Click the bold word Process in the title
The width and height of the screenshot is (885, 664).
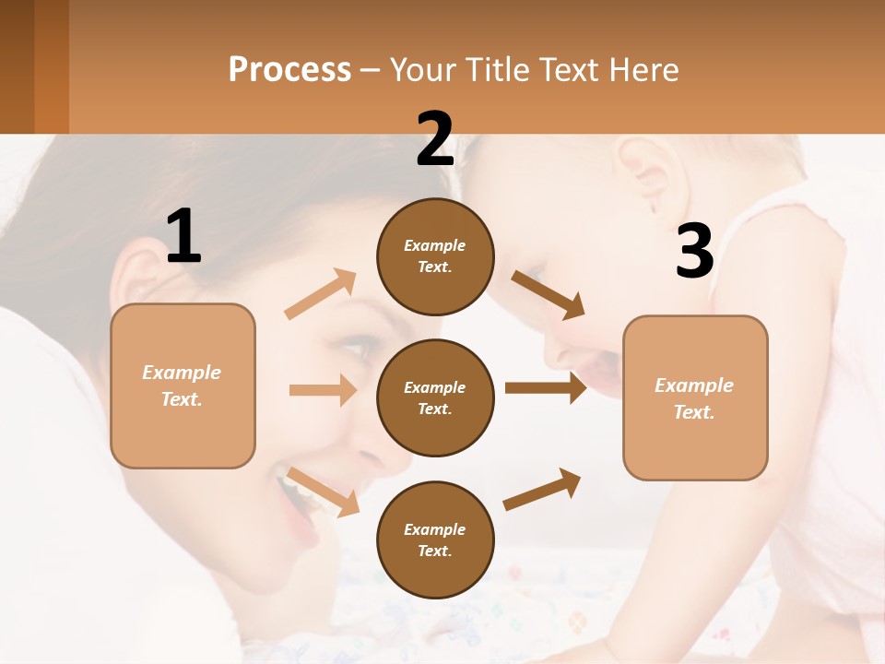289,70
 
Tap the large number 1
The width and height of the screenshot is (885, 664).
183,236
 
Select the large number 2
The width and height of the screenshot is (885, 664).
435,139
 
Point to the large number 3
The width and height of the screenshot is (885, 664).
694,252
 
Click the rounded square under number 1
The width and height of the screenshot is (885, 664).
183,385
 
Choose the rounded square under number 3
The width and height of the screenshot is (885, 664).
695,397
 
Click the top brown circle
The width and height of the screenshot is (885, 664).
435,256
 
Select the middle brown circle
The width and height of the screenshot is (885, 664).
435,397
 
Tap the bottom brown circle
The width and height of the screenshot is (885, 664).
435,539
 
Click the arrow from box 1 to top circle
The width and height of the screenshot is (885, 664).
321,294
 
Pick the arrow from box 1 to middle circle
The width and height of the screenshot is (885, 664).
323,390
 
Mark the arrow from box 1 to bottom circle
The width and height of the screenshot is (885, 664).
323,492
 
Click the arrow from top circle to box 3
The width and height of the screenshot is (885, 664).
548,295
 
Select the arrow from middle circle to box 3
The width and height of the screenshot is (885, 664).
546,388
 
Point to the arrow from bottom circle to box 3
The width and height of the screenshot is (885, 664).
542,490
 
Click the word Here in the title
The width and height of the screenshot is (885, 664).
644,70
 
